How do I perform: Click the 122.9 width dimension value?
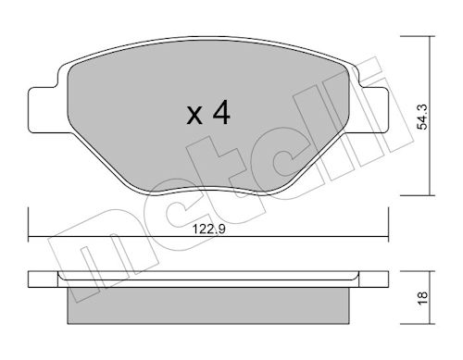tap(209, 230)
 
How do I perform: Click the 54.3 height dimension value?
tap(421, 117)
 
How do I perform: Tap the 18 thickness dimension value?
tap(422, 298)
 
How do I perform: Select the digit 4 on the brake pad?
tap(221, 112)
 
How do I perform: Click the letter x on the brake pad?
tap(194, 116)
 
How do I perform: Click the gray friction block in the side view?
tap(208, 306)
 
